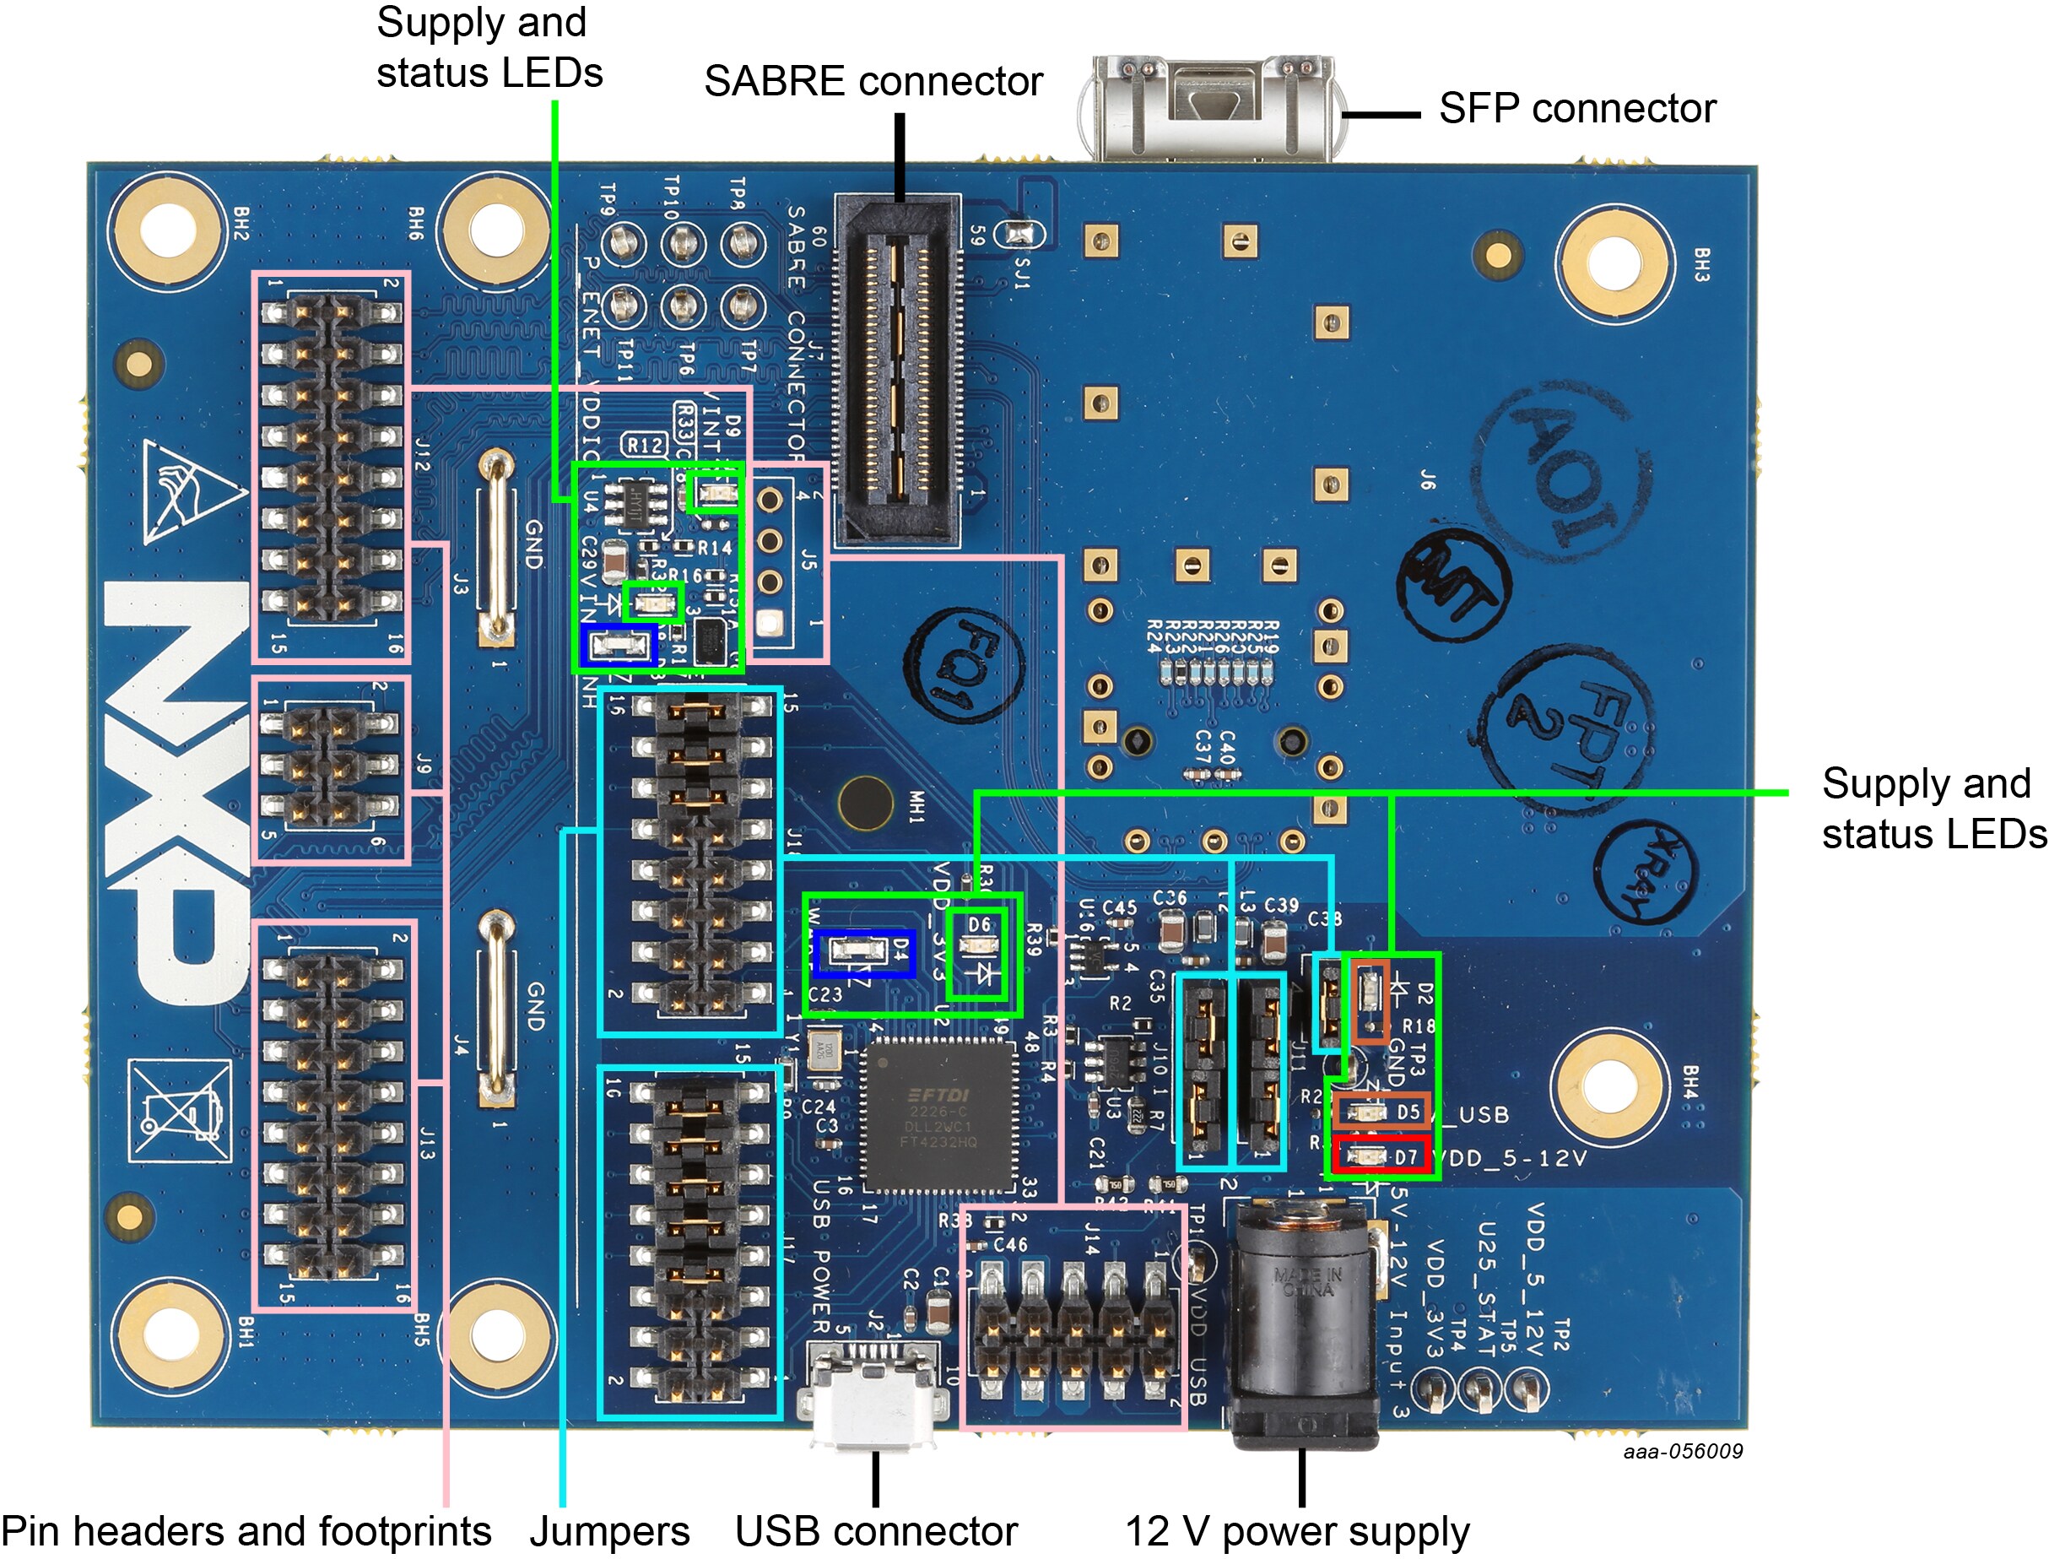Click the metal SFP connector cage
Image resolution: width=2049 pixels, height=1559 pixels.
click(1211, 106)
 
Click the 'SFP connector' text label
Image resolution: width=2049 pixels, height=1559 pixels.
click(1577, 109)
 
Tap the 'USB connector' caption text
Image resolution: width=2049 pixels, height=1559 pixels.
click(876, 1531)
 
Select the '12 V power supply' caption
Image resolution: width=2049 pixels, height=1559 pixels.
click(1297, 1531)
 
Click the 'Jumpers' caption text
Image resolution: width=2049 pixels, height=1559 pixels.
click(609, 1531)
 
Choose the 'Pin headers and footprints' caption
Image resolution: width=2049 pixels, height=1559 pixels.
click(246, 1531)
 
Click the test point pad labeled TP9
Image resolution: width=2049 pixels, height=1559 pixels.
click(624, 244)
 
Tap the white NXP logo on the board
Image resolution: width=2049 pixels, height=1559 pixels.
click(176, 788)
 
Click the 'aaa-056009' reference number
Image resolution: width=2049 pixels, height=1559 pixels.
click(1683, 1451)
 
